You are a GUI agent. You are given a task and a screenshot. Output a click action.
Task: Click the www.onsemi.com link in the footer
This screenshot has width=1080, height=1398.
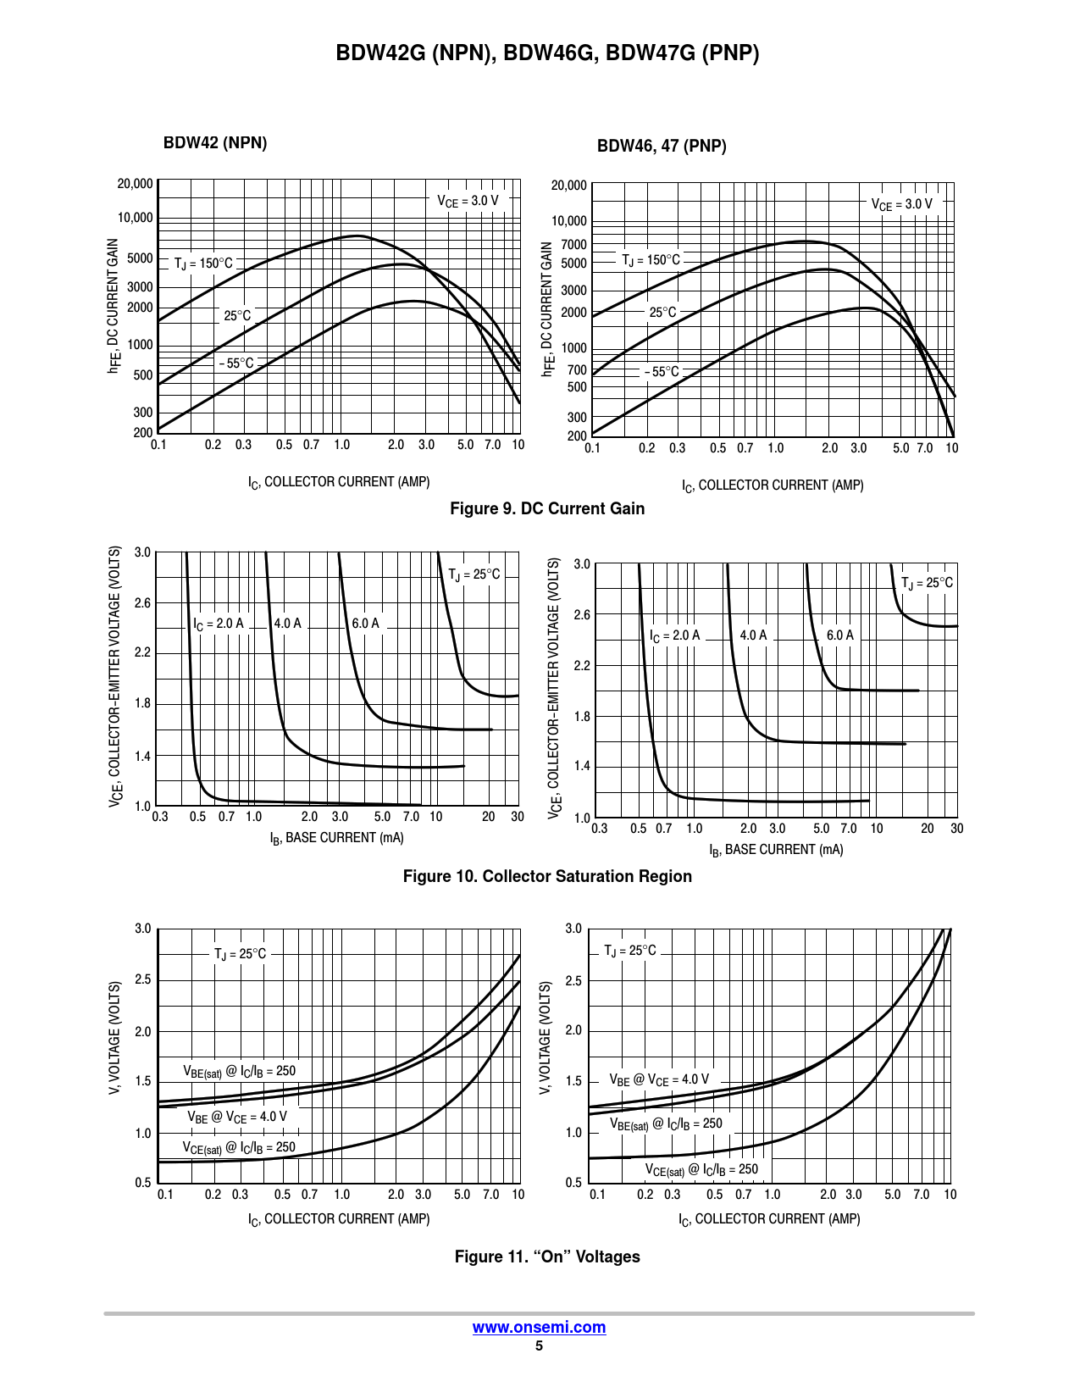(x=539, y=1327)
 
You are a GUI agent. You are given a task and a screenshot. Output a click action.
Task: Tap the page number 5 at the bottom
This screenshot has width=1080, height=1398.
(x=539, y=1345)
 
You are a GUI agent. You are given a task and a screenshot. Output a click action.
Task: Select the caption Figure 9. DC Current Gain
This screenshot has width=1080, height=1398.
(x=547, y=508)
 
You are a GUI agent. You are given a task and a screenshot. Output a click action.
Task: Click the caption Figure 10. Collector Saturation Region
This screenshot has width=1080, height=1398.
(x=547, y=876)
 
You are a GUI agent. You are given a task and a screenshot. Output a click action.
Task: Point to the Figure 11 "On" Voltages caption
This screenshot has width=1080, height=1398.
(x=547, y=1257)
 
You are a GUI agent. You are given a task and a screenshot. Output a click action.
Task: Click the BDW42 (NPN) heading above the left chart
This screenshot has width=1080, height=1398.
(x=215, y=143)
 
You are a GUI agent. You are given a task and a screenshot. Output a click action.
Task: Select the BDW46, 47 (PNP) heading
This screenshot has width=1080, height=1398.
(x=662, y=146)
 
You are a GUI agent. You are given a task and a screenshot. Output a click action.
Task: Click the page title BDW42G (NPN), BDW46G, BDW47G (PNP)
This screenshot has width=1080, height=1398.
(x=547, y=53)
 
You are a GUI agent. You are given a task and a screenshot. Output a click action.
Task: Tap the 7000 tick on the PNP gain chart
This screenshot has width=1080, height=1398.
(x=573, y=245)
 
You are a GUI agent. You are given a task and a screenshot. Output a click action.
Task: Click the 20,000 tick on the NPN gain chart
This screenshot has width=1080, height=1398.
(x=136, y=184)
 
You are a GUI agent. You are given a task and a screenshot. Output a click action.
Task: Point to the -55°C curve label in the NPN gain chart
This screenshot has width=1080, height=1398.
(x=236, y=363)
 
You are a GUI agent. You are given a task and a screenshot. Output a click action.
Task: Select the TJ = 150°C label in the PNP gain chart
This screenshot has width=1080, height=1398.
(x=651, y=260)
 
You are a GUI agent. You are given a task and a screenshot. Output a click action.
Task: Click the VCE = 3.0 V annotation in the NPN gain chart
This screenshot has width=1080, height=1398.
(x=468, y=201)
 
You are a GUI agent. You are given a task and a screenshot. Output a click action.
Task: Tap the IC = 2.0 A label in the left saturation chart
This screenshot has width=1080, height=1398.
(x=219, y=624)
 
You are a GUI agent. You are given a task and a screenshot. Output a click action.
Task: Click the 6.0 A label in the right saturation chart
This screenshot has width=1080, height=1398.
(x=839, y=635)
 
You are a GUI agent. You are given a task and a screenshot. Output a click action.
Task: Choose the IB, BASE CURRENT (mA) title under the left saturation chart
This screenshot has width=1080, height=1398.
(x=336, y=838)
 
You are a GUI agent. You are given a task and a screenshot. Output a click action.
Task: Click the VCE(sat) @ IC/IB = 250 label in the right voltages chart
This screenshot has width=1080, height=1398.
(x=701, y=1170)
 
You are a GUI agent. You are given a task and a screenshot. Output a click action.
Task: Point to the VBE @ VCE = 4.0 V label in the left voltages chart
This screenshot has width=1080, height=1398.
(x=237, y=1117)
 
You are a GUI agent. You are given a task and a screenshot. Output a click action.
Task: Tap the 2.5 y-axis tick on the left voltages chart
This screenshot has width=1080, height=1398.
(x=142, y=980)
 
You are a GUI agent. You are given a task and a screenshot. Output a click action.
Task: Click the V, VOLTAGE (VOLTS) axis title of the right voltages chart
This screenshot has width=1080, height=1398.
(x=546, y=1037)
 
